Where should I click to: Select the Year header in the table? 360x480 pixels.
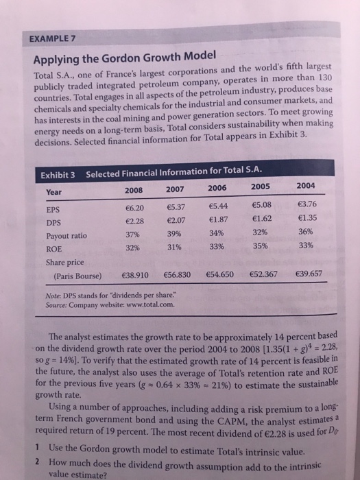(x=56, y=173)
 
